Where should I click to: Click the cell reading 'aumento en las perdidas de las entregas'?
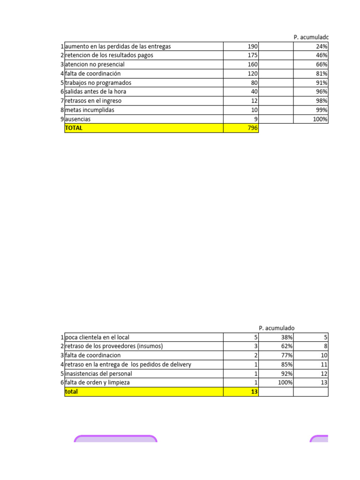tap(118, 46)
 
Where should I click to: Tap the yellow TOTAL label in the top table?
tap(74, 128)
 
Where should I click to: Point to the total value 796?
tap(253, 128)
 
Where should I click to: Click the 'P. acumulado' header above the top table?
tap(311, 37)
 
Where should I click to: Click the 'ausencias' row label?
tap(78, 119)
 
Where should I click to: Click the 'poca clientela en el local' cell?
tap(97, 337)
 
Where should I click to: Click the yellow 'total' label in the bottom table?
tap(71, 392)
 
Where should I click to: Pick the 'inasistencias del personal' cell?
tap(98, 374)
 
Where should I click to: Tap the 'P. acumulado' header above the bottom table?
tap(277, 328)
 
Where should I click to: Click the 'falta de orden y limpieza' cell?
tap(97, 382)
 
